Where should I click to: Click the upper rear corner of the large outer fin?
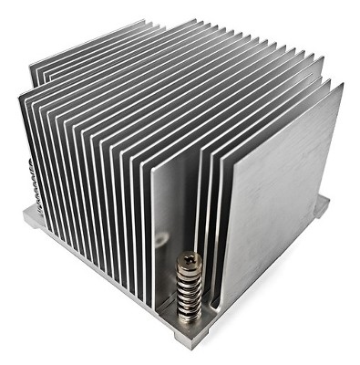click(x=342, y=85)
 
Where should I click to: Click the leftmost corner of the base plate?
click(x=23, y=217)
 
